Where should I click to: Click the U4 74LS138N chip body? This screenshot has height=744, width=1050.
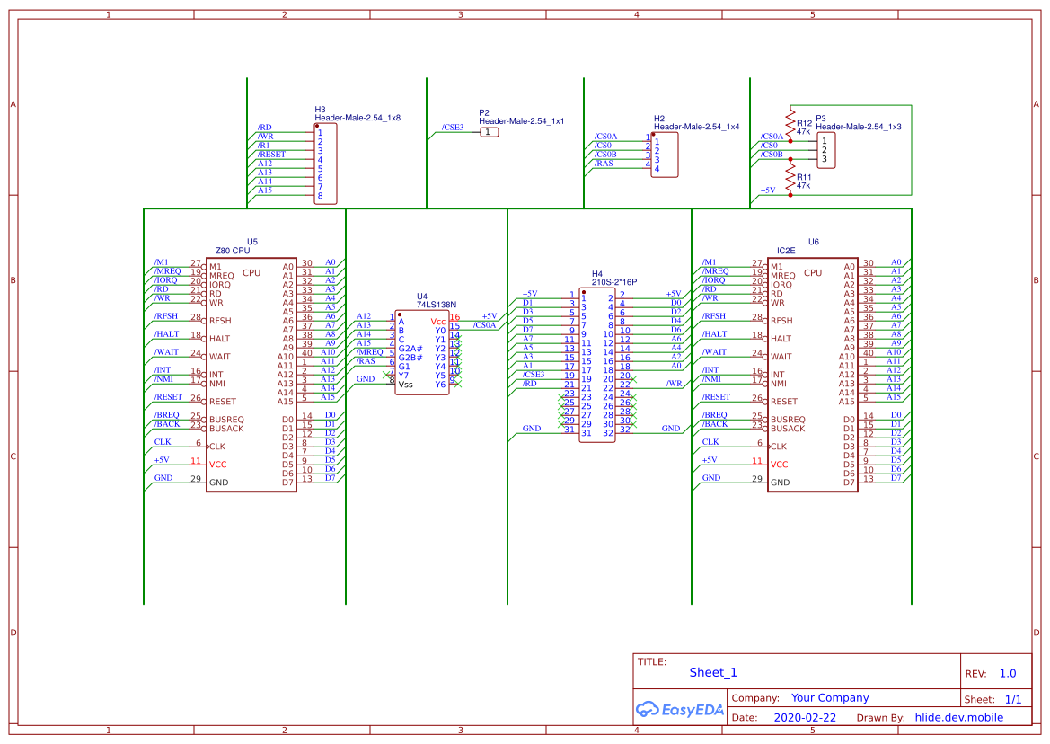(x=422, y=352)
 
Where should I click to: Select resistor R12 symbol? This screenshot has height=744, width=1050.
(x=790, y=124)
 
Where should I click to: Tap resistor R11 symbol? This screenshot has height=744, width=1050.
(x=790, y=179)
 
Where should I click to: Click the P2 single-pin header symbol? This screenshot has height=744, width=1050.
(x=488, y=132)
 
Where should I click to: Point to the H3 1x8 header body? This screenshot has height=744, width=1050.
(x=325, y=164)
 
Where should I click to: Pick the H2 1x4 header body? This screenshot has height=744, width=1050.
(x=665, y=155)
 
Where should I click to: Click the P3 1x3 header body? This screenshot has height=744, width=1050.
(x=825, y=150)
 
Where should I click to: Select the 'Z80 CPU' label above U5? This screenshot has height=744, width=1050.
(x=233, y=251)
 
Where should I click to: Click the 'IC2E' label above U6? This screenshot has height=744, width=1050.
(x=786, y=251)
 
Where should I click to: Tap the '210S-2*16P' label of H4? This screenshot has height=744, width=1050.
(x=613, y=282)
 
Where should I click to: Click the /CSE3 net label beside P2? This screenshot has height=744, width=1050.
(x=453, y=128)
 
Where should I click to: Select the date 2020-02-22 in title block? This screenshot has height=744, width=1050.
(x=804, y=718)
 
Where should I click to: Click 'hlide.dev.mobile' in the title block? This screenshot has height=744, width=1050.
(x=958, y=718)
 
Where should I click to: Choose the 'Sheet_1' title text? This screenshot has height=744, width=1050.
(x=712, y=672)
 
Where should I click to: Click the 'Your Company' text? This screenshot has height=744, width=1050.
(x=829, y=698)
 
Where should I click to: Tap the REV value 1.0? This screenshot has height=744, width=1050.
(x=1007, y=673)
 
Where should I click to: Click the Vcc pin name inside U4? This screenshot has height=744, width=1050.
(x=437, y=322)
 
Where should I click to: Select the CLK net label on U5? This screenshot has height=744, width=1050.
(x=163, y=442)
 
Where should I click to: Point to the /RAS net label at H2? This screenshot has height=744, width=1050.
(x=604, y=164)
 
